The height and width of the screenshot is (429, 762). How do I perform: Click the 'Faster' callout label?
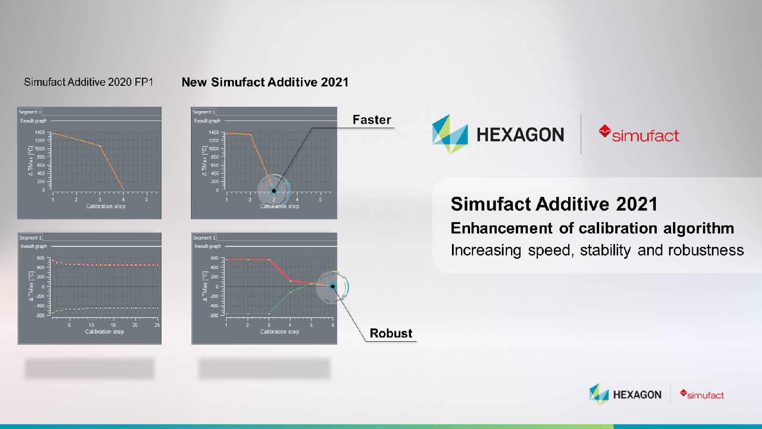pos(371,120)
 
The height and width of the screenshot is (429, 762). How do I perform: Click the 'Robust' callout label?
pos(391,333)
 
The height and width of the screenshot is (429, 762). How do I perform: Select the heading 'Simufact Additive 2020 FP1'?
pos(89,82)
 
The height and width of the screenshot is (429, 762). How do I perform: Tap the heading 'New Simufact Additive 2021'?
pos(265,82)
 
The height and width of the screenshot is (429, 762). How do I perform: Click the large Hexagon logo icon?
pos(450,134)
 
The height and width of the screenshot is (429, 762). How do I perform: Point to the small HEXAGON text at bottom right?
pos(637,395)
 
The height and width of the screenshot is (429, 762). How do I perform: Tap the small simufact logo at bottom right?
pos(702,395)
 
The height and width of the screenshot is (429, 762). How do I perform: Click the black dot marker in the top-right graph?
pos(274,191)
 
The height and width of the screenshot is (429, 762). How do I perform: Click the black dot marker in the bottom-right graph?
pos(332,286)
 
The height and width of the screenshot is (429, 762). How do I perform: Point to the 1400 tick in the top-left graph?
pos(40,133)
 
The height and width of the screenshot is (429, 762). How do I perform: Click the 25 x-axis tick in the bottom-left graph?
pos(157,325)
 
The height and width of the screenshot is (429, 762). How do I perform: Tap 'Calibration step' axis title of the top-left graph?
pos(106,206)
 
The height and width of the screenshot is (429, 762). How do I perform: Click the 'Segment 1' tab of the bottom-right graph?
pos(204,237)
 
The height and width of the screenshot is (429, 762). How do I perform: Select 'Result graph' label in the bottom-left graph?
pos(34,246)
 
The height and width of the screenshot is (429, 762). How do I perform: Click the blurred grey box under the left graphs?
pos(90,368)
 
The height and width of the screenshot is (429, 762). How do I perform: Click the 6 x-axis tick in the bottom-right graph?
pos(332,325)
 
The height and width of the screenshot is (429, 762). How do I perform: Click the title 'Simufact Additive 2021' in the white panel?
pos(554,204)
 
